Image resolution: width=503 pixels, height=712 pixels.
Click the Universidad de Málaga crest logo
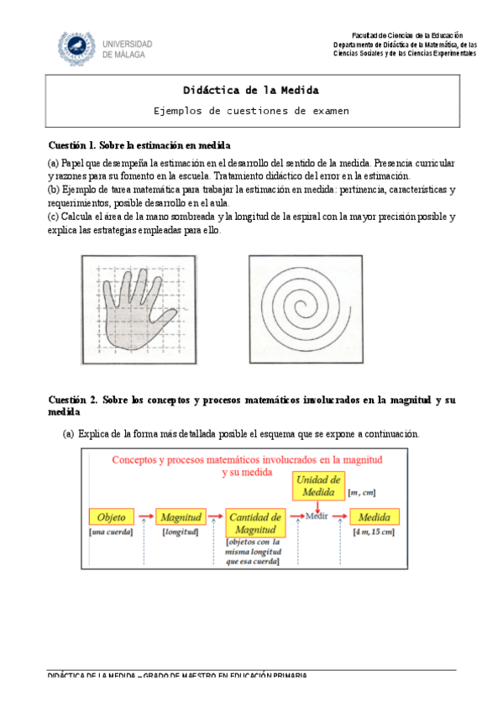(76, 47)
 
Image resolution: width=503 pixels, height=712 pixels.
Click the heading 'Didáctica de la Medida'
(250, 90)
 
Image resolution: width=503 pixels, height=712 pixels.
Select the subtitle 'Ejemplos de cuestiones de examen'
(250, 111)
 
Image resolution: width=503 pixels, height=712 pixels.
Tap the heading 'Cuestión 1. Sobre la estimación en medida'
(139, 145)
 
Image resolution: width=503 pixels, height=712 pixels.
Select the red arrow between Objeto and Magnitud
(145, 516)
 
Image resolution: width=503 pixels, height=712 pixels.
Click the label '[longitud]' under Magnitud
(180, 532)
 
